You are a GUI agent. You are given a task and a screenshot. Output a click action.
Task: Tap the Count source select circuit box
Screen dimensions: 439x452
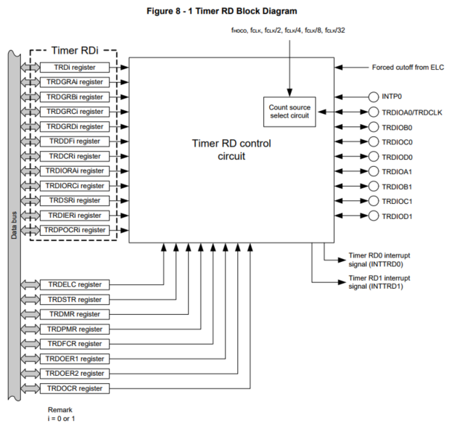(x=289, y=112)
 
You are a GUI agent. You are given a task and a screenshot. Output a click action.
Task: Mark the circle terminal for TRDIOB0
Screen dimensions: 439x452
(x=374, y=126)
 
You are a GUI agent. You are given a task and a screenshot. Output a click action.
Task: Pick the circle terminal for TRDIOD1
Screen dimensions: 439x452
(x=374, y=216)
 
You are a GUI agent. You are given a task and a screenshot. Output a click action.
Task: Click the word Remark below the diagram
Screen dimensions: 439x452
(x=60, y=410)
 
